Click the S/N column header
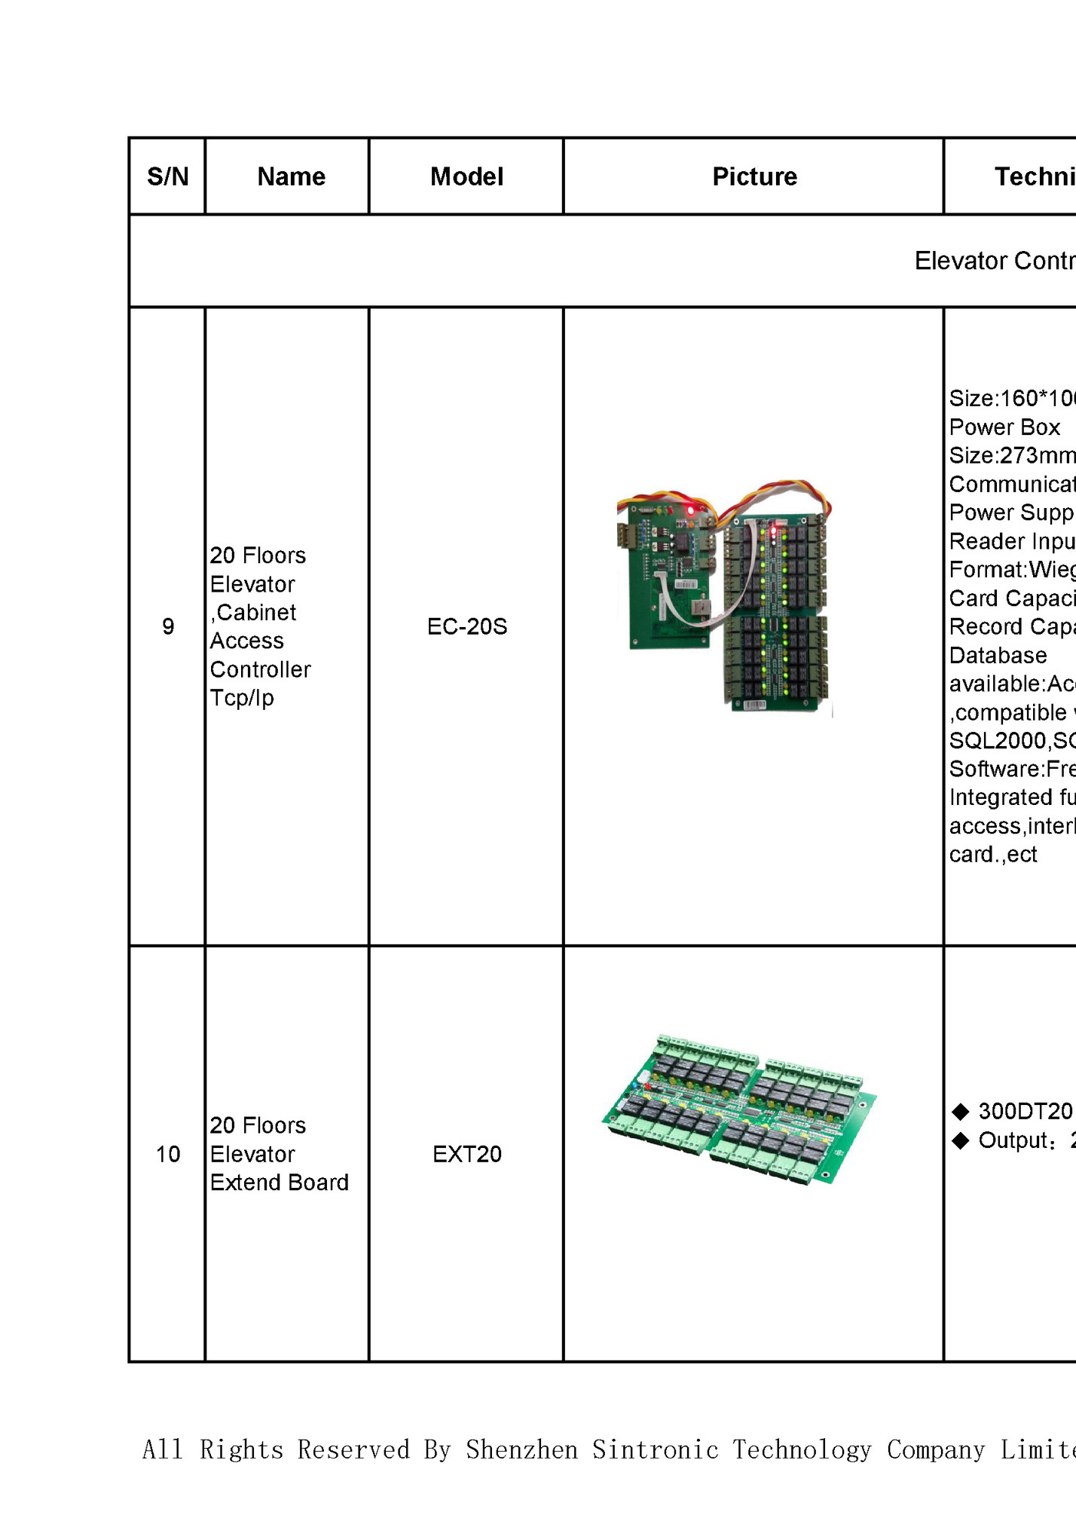pyautogui.click(x=167, y=176)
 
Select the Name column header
pyautogui.click(x=291, y=176)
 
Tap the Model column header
pyautogui.click(x=466, y=176)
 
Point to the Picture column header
pyautogui.click(x=754, y=176)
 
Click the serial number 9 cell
pyautogui.click(x=168, y=626)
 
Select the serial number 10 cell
pyautogui.click(x=168, y=1154)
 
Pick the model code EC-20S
pyautogui.click(x=467, y=626)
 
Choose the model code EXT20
pyautogui.click(x=467, y=1154)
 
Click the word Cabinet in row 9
pyautogui.click(x=256, y=613)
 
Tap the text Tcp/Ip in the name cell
pyautogui.click(x=241, y=698)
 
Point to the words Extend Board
pyautogui.click(x=280, y=1183)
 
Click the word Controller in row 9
pyautogui.click(x=260, y=669)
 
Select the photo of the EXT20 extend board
pyautogui.click(x=739, y=1109)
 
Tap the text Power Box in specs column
pyautogui.click(x=1004, y=427)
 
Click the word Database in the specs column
pyautogui.click(x=998, y=656)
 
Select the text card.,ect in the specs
pyautogui.click(x=993, y=855)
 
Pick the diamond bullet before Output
pyautogui.click(x=961, y=1140)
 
